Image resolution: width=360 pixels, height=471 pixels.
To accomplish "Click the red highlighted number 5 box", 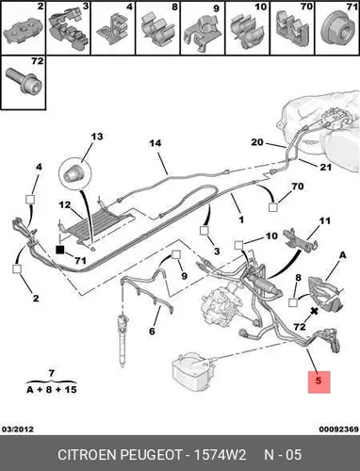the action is click(x=319, y=382).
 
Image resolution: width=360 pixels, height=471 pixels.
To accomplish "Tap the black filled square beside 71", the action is click(x=59, y=250).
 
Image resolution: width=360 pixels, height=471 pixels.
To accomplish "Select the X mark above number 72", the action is click(x=314, y=311).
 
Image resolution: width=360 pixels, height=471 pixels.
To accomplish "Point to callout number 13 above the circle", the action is click(x=97, y=137).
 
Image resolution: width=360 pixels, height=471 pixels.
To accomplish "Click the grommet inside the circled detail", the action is click(x=74, y=173).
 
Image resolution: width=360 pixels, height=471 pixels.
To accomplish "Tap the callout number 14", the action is click(x=155, y=143).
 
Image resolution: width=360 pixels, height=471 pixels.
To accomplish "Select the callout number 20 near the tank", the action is click(x=257, y=142).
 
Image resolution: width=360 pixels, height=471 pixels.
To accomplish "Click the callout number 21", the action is click(x=325, y=167).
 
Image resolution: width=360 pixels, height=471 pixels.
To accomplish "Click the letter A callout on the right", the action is click(x=342, y=255).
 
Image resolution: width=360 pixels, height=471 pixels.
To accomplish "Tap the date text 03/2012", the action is click(x=18, y=429).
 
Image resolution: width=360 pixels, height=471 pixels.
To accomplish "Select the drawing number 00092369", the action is click(x=338, y=429).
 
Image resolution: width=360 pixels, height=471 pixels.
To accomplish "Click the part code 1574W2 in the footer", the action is click(x=220, y=455).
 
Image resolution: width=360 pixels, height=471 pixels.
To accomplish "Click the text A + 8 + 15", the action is click(x=52, y=390).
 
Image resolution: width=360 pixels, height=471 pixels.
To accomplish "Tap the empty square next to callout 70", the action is click(x=273, y=207).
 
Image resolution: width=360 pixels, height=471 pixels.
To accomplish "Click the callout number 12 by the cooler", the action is click(x=65, y=204).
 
